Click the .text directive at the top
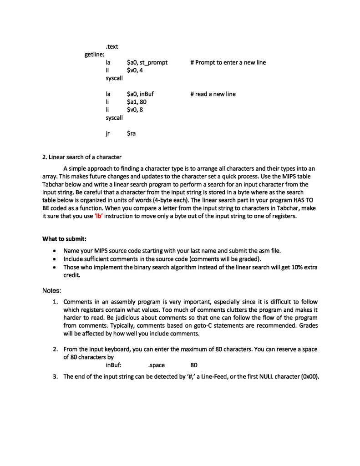[x=112, y=46]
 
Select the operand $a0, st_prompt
[x=147, y=62]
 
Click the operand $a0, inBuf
[x=140, y=94]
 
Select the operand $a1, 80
[x=136, y=101]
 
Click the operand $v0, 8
[x=135, y=110]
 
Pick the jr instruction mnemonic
[x=107, y=133]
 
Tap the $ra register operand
[x=131, y=133]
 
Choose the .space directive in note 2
[x=157, y=365]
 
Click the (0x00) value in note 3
[x=310, y=376]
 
